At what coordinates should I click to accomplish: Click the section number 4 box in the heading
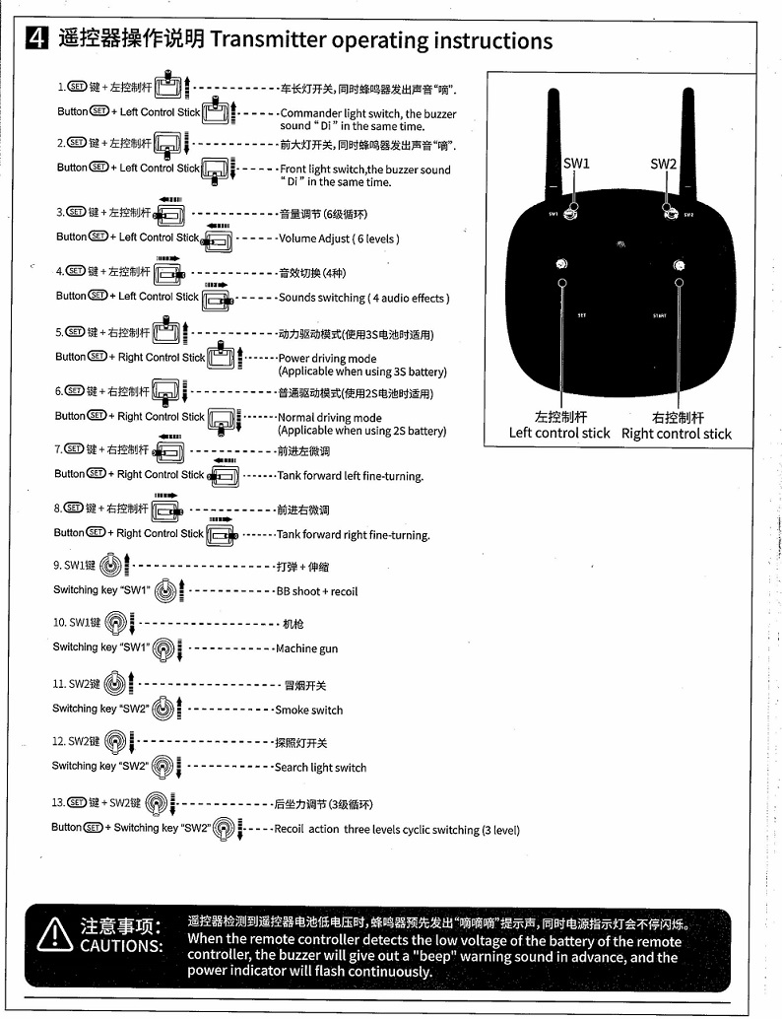35,39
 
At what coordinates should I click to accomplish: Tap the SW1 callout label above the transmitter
576,164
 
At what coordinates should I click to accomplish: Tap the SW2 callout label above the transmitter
664,164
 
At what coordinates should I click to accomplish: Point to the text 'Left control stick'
558,433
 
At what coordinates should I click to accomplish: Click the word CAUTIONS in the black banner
121,946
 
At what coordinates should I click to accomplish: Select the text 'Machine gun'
306,648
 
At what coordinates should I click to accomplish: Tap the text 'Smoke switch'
308,710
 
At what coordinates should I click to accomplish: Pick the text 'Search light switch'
320,768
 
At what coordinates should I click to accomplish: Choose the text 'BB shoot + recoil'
316,591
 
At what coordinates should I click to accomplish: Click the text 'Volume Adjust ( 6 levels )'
339,238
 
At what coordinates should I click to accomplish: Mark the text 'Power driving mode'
327,359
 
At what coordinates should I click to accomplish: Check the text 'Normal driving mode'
329,418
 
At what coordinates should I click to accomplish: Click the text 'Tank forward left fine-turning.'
350,476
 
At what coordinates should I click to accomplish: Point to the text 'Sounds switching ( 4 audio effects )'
363,298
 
